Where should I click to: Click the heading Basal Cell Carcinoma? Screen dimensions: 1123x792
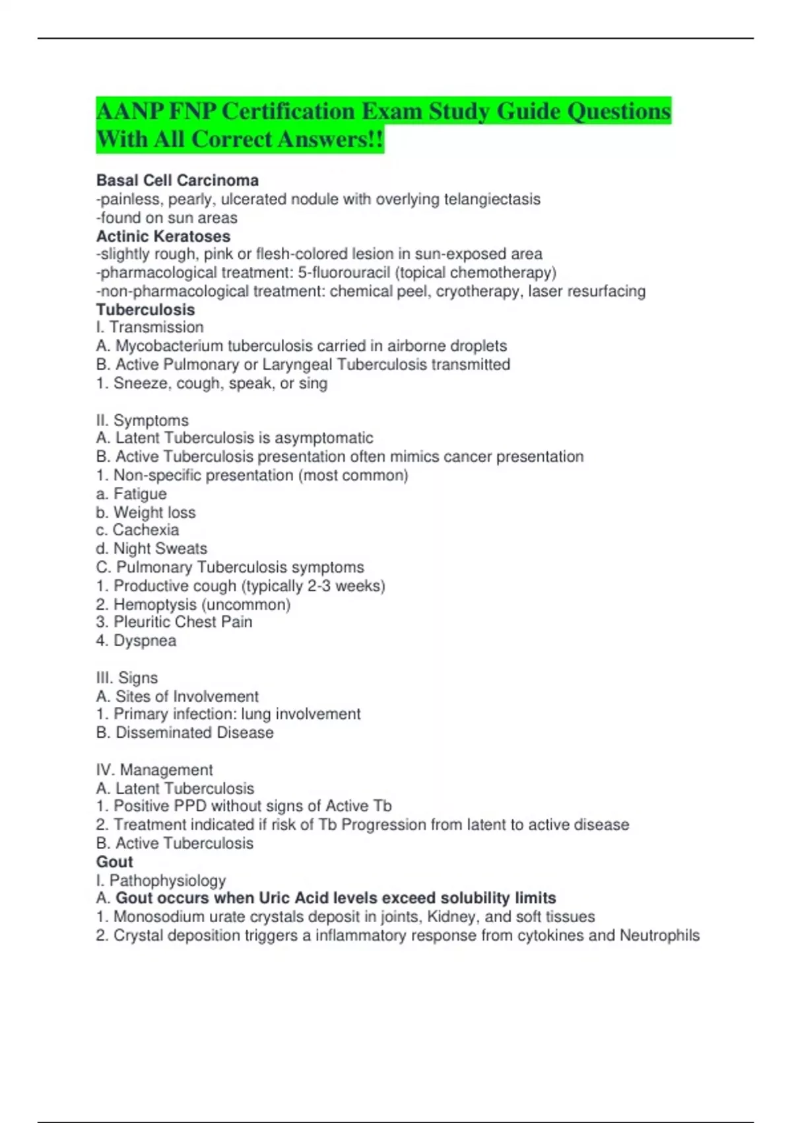pyautogui.click(x=177, y=180)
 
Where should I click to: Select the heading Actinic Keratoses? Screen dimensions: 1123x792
pyautogui.click(x=163, y=236)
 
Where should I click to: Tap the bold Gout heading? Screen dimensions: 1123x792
pyautogui.click(x=114, y=861)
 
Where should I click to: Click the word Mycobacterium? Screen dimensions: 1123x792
pyautogui.click(x=168, y=345)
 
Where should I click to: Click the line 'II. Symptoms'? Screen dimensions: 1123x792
pyautogui.click(x=142, y=420)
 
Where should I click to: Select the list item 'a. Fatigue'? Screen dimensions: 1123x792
pyautogui.click(x=131, y=493)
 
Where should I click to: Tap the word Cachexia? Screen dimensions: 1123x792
pyautogui.click(x=146, y=530)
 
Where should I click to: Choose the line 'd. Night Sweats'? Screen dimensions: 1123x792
pyautogui.click(x=151, y=548)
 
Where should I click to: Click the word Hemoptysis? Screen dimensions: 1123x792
pyautogui.click(x=155, y=604)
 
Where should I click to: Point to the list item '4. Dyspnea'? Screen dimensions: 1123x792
pyautogui.click(x=136, y=640)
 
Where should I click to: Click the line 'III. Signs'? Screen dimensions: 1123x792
pyautogui.click(x=127, y=677)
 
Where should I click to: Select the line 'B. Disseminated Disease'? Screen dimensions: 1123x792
pyautogui.click(x=185, y=732)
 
